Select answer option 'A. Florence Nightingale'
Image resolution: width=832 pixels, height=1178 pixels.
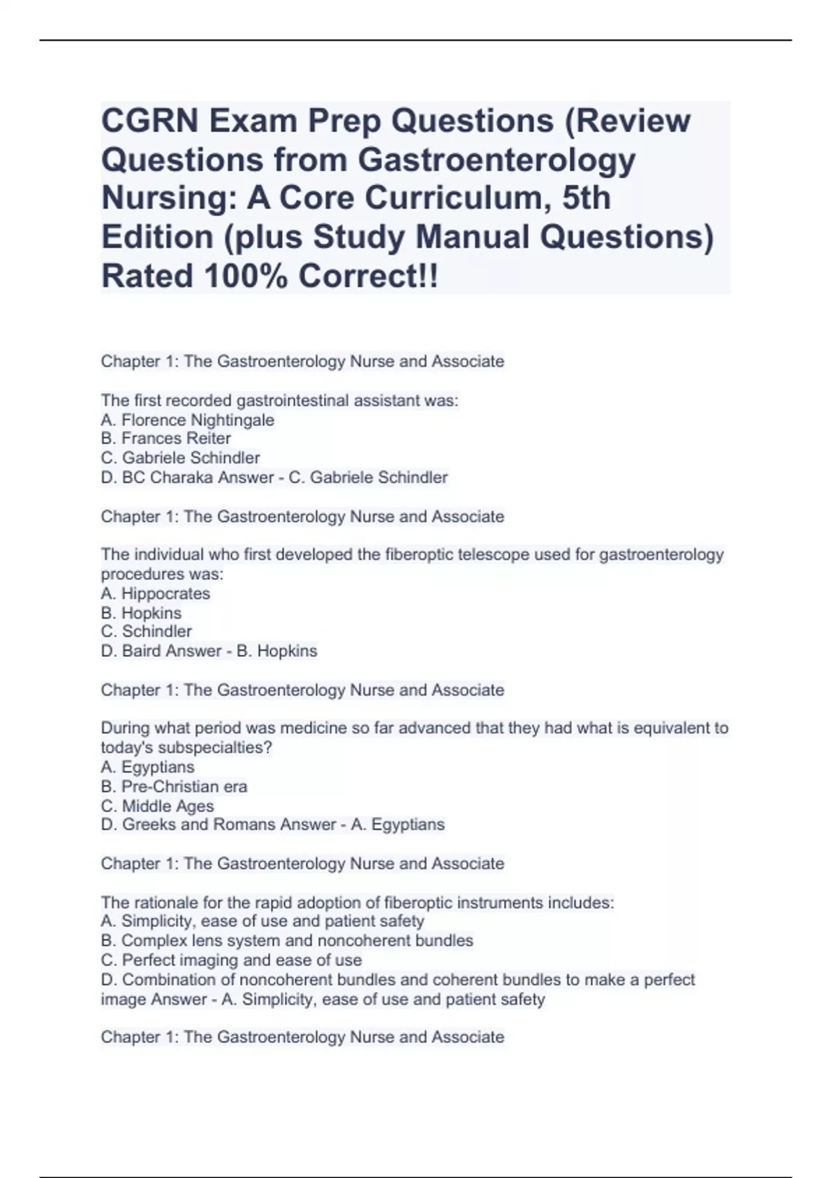pos(187,420)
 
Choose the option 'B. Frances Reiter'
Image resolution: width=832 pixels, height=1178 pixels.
pos(166,439)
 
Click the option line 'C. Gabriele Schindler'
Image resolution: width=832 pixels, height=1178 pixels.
pos(180,458)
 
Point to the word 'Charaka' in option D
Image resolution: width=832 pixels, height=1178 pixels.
pos(182,477)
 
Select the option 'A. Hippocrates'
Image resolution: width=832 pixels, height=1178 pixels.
pos(155,594)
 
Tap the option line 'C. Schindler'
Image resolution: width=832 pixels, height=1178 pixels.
pos(146,632)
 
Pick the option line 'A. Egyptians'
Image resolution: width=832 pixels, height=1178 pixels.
pos(148,767)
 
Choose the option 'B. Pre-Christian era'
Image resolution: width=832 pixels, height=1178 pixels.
pos(174,786)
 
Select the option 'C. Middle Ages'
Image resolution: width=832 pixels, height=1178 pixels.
pos(157,806)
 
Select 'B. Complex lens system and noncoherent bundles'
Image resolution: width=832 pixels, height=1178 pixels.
pos(287,941)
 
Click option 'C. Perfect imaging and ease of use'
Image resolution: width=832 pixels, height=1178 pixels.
pos(232,960)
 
